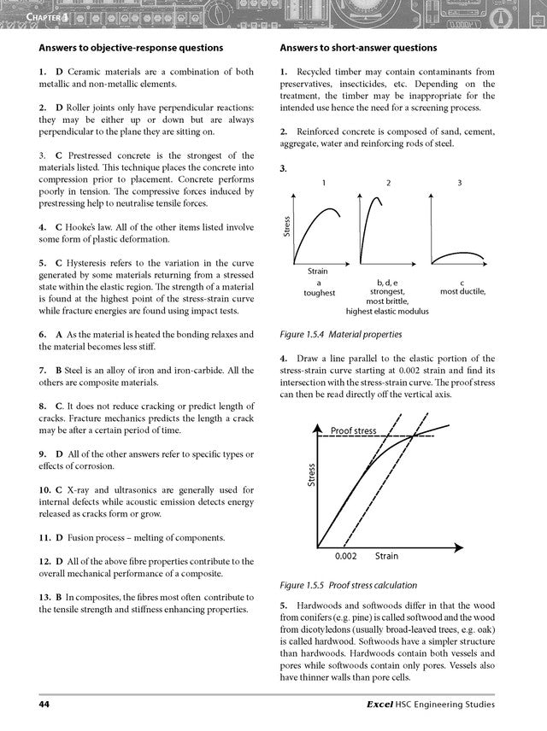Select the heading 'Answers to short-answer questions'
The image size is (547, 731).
tap(358, 48)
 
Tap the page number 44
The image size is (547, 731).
tap(44, 705)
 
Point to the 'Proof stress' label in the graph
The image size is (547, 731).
tap(353, 430)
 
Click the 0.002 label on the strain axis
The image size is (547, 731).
tap(345, 556)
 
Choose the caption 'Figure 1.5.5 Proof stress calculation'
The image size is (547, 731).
tap(349, 585)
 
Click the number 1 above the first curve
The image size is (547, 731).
tap(323, 184)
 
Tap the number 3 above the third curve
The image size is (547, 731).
tap(460, 184)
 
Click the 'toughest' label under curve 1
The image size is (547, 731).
tap(319, 292)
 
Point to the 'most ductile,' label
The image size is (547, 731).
tap(462, 291)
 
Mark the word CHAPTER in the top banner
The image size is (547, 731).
tap(26, 17)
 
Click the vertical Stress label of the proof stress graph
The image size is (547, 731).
tap(312, 475)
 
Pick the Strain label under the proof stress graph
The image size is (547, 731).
tap(386, 556)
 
